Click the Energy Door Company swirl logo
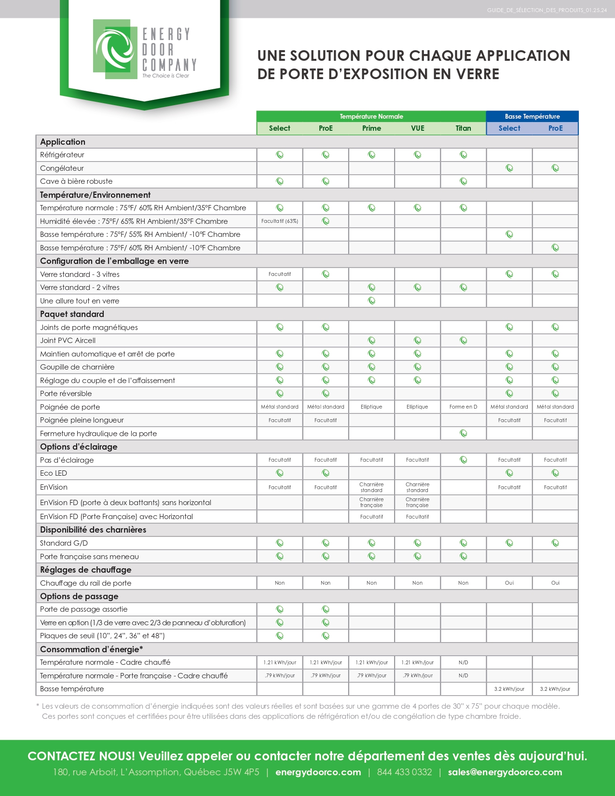115,49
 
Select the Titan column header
463,128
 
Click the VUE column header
417,128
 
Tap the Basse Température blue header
532,116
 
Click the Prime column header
371,128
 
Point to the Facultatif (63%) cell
280,221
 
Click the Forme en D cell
463,407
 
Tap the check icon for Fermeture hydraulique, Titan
464,433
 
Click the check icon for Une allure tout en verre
371,301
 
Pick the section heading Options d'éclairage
79,447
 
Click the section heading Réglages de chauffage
85,570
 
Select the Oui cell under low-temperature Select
509,583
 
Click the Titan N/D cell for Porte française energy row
463,675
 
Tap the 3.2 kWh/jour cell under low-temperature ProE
555,689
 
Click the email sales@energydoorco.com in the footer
505,772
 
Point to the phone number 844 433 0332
404,772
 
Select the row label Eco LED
54,473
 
